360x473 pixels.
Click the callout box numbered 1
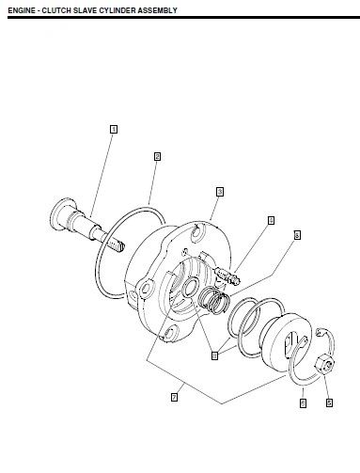point(114,129)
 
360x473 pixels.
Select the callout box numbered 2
point(157,157)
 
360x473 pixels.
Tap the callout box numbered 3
point(219,191)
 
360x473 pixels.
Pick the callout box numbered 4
point(271,221)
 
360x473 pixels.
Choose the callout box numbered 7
point(174,397)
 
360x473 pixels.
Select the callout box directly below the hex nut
point(329,402)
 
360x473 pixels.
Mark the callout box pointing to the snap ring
point(303,402)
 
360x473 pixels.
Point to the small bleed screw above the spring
point(227,276)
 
